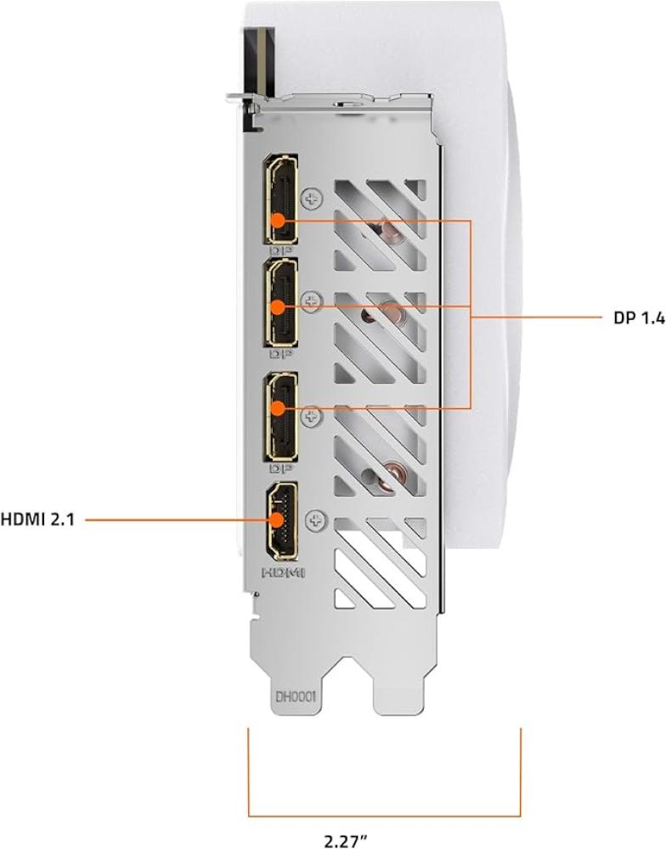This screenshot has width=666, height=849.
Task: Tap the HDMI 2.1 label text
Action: [37, 520]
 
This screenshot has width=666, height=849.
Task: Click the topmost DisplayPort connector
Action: [280, 199]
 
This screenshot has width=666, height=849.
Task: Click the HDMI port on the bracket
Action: [280, 521]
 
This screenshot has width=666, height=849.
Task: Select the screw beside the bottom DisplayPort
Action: [313, 416]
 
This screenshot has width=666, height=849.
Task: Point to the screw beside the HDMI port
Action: [315, 521]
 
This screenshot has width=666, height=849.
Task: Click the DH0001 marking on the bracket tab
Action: [296, 696]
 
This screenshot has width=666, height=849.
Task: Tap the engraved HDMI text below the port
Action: [284, 571]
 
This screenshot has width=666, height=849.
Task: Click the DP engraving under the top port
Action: [280, 250]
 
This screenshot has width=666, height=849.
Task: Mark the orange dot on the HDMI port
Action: [278, 520]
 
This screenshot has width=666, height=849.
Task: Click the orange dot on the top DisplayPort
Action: [278, 220]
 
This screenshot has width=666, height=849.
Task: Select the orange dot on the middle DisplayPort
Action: [278, 307]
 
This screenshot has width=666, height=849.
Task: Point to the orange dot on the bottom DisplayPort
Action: [278, 408]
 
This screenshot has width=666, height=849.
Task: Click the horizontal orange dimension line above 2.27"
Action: [384, 815]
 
